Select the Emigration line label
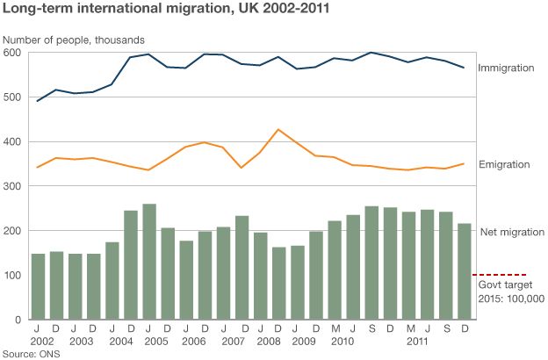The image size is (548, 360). [x=504, y=165]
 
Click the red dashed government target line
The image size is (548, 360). [x=499, y=275]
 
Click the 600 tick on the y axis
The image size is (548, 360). [x=12, y=53]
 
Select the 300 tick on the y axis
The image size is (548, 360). [x=12, y=186]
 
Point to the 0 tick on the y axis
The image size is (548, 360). [x=18, y=320]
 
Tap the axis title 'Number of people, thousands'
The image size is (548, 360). [x=73, y=40]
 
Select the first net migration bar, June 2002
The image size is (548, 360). [x=38, y=286]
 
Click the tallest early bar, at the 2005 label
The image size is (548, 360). [x=149, y=262]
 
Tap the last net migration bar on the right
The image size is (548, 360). [x=464, y=271]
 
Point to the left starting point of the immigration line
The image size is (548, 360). [x=38, y=101]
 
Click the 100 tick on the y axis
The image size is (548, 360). [x=12, y=275]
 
